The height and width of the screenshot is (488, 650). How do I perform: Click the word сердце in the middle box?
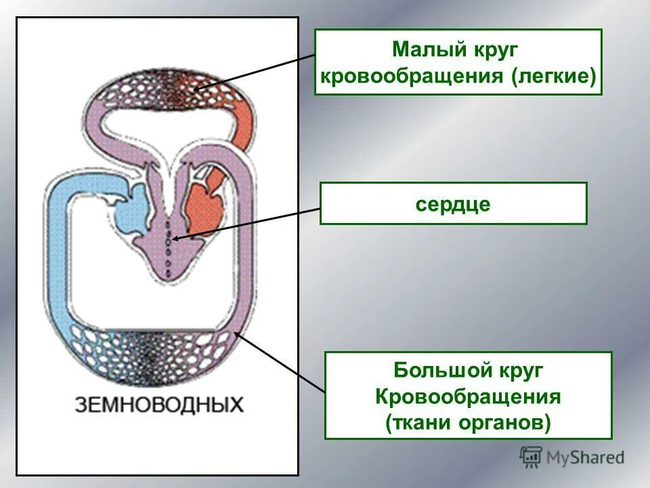coord(453,203)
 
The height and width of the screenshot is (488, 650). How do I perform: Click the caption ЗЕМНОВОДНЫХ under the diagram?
coord(159,405)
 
